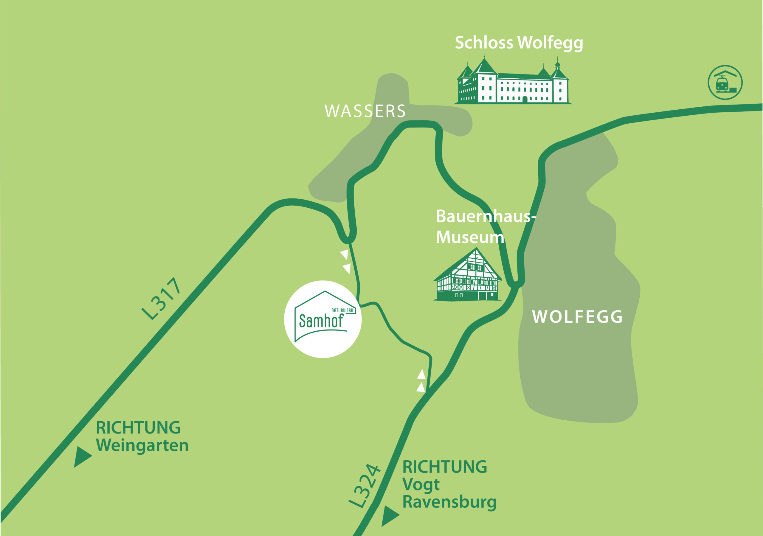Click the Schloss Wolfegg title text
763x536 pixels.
pos(518,43)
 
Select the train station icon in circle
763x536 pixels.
pos(725,83)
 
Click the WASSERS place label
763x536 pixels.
pos(365,111)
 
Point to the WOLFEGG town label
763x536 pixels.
pos(577,317)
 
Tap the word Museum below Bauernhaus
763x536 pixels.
pos(470,237)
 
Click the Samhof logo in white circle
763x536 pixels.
pos(322,319)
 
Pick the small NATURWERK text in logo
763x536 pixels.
pos(342,310)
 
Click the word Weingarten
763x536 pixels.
pos(142,445)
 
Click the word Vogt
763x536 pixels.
pos(421,484)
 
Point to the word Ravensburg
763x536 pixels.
pos(449,502)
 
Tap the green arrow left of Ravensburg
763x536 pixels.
pos(389,516)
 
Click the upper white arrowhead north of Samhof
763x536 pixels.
pos(345,254)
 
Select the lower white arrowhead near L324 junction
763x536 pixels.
pos(421,387)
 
